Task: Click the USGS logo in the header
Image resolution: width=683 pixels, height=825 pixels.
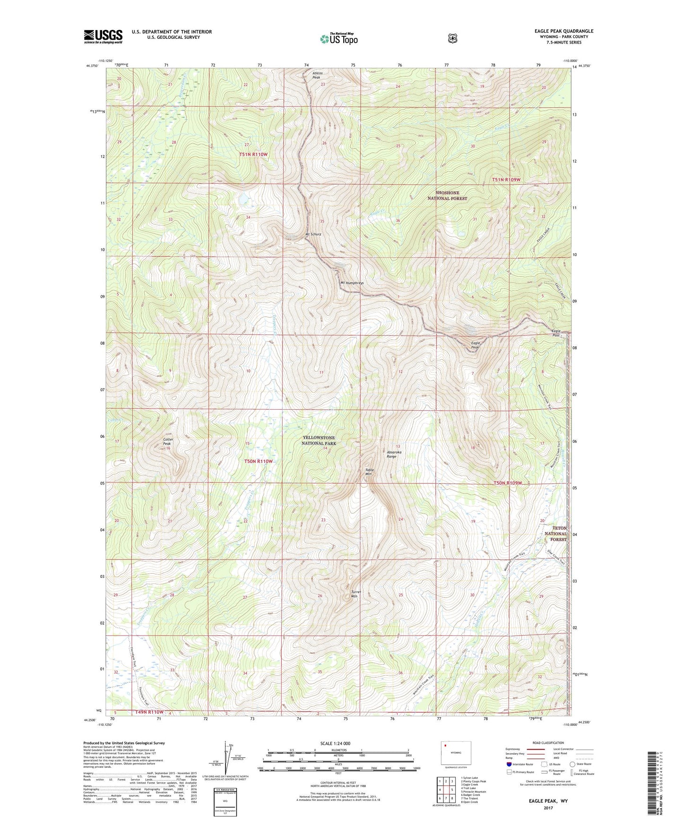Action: (x=103, y=36)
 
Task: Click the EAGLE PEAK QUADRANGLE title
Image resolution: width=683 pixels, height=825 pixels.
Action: (x=561, y=31)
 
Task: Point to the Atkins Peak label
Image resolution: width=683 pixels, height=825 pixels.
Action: (x=318, y=75)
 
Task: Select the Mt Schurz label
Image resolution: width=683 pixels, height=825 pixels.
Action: (x=313, y=234)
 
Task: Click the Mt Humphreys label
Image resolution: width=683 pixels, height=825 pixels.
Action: (x=352, y=283)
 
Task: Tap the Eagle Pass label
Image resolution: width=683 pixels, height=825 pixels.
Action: (x=556, y=333)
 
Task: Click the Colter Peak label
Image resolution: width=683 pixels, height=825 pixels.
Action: (x=168, y=441)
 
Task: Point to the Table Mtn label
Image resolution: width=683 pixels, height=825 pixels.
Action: (x=370, y=472)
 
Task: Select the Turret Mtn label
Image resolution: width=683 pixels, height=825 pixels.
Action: (x=356, y=594)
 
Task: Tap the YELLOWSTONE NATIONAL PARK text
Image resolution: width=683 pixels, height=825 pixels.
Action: (x=319, y=441)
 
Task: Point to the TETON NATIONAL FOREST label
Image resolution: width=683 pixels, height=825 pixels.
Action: (x=555, y=533)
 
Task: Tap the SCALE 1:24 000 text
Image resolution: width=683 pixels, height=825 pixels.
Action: (x=335, y=744)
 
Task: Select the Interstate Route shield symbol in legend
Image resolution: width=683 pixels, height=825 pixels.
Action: (x=509, y=764)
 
